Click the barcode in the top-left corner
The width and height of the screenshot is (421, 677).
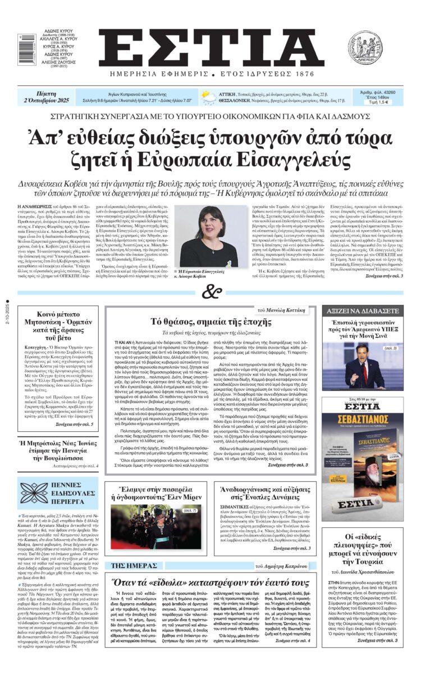click(x=27, y=44)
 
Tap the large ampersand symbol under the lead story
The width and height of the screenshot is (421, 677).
click(x=210, y=292)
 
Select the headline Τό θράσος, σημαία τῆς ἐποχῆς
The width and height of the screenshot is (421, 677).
click(x=211, y=322)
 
